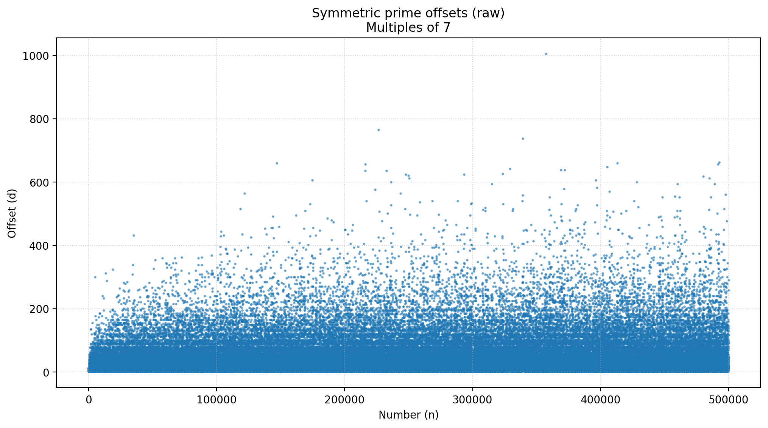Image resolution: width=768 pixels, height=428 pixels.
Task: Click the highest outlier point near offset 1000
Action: point(546,54)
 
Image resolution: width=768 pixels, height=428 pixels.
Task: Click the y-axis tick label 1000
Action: point(36,56)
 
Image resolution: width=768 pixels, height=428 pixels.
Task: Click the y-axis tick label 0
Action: point(46,372)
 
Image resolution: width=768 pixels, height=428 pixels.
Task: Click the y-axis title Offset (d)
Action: point(12,213)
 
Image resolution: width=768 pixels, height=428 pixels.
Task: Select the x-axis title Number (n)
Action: point(408,415)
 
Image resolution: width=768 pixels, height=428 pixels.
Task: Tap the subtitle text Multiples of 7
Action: point(408,28)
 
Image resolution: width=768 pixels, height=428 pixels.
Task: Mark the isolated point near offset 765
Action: point(378,130)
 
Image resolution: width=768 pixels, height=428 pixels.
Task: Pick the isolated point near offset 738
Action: point(523,139)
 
